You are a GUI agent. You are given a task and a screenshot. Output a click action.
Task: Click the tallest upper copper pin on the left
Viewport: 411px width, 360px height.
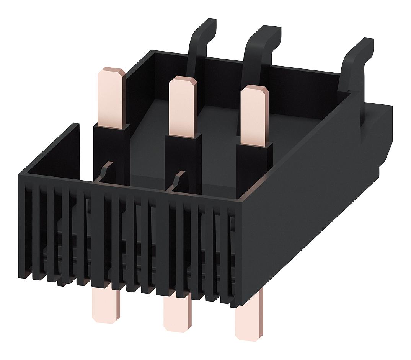point(111,98)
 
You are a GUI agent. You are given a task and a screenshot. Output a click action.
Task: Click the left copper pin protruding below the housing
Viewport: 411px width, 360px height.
point(105,306)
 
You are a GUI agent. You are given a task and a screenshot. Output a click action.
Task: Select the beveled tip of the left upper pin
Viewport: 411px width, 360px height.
point(111,73)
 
